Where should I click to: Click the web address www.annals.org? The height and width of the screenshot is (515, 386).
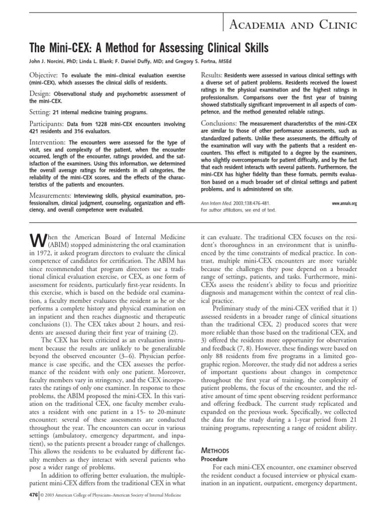click(344, 203)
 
